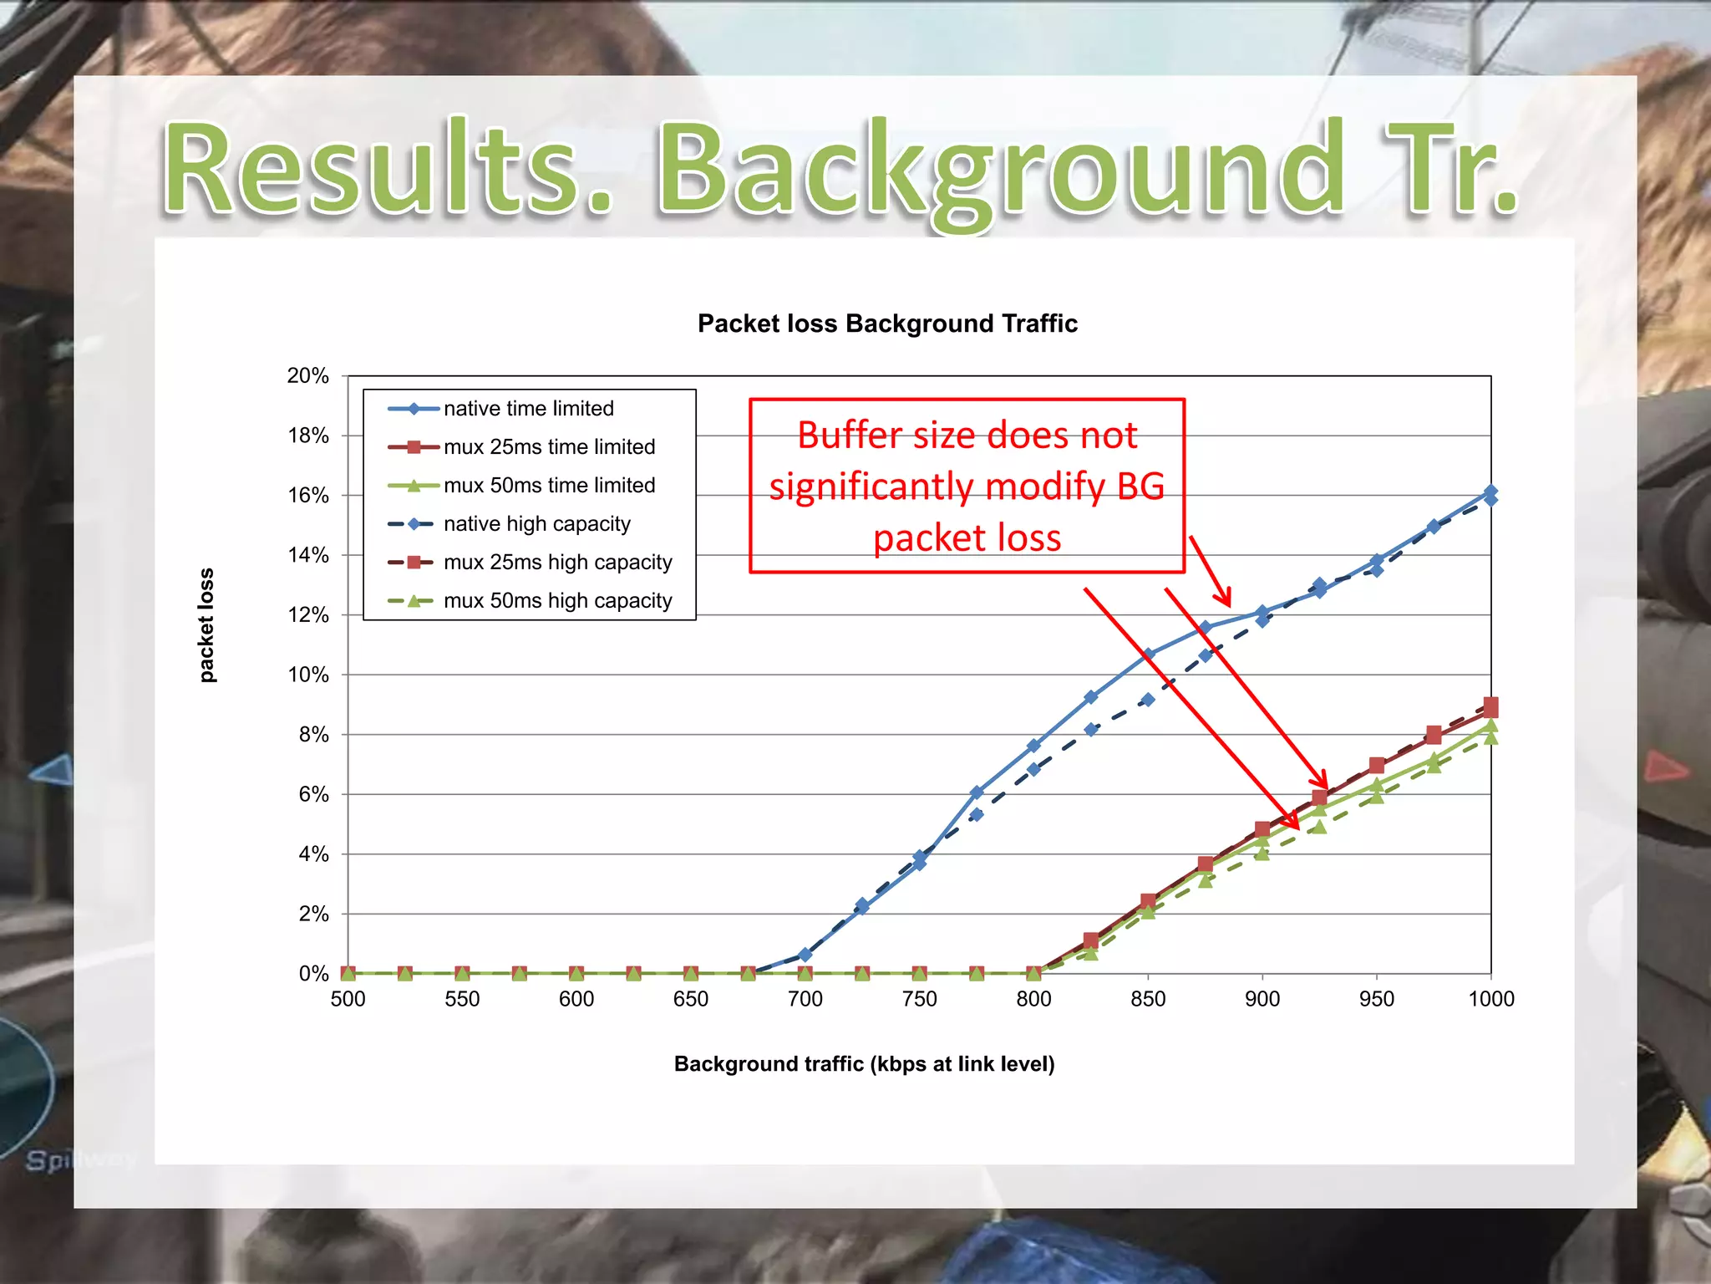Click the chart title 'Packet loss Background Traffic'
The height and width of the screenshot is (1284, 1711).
(887, 324)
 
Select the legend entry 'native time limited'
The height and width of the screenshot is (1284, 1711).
(528, 409)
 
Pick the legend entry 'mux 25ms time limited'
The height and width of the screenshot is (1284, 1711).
(549, 447)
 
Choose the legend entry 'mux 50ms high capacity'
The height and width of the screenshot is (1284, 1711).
(557, 601)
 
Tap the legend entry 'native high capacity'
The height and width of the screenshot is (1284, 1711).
(536, 524)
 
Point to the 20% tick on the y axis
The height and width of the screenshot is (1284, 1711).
(307, 376)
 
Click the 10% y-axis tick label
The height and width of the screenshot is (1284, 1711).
(307, 675)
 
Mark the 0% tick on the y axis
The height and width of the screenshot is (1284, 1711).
(313, 974)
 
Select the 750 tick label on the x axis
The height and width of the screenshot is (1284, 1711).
(919, 999)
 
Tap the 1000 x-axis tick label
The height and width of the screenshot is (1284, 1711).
(1490, 999)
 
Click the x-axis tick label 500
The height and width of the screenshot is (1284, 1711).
(348, 999)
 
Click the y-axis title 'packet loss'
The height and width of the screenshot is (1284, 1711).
(206, 625)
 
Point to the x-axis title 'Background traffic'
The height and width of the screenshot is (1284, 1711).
(864, 1064)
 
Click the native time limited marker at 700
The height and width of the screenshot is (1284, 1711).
(805, 955)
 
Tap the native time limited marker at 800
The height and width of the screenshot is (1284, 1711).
(1033, 746)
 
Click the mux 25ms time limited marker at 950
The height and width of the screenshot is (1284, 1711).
(1377, 766)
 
